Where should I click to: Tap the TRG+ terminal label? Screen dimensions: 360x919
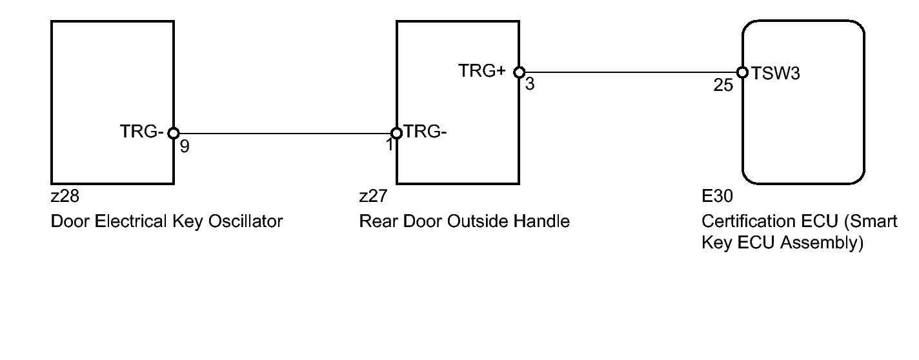[x=482, y=72]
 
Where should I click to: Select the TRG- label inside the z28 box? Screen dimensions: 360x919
[x=141, y=132]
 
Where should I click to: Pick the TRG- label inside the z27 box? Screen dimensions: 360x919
[x=425, y=132]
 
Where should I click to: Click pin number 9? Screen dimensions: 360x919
[x=185, y=147]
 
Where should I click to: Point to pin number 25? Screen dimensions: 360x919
[x=724, y=85]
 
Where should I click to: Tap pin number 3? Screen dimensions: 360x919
[x=529, y=85]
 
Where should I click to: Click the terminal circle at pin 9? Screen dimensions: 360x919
[x=173, y=134]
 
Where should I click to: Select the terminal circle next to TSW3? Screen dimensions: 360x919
[x=742, y=72]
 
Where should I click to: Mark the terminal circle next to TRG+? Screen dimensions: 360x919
[x=520, y=72]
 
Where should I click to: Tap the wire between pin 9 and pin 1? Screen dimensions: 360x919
[x=284, y=134]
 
